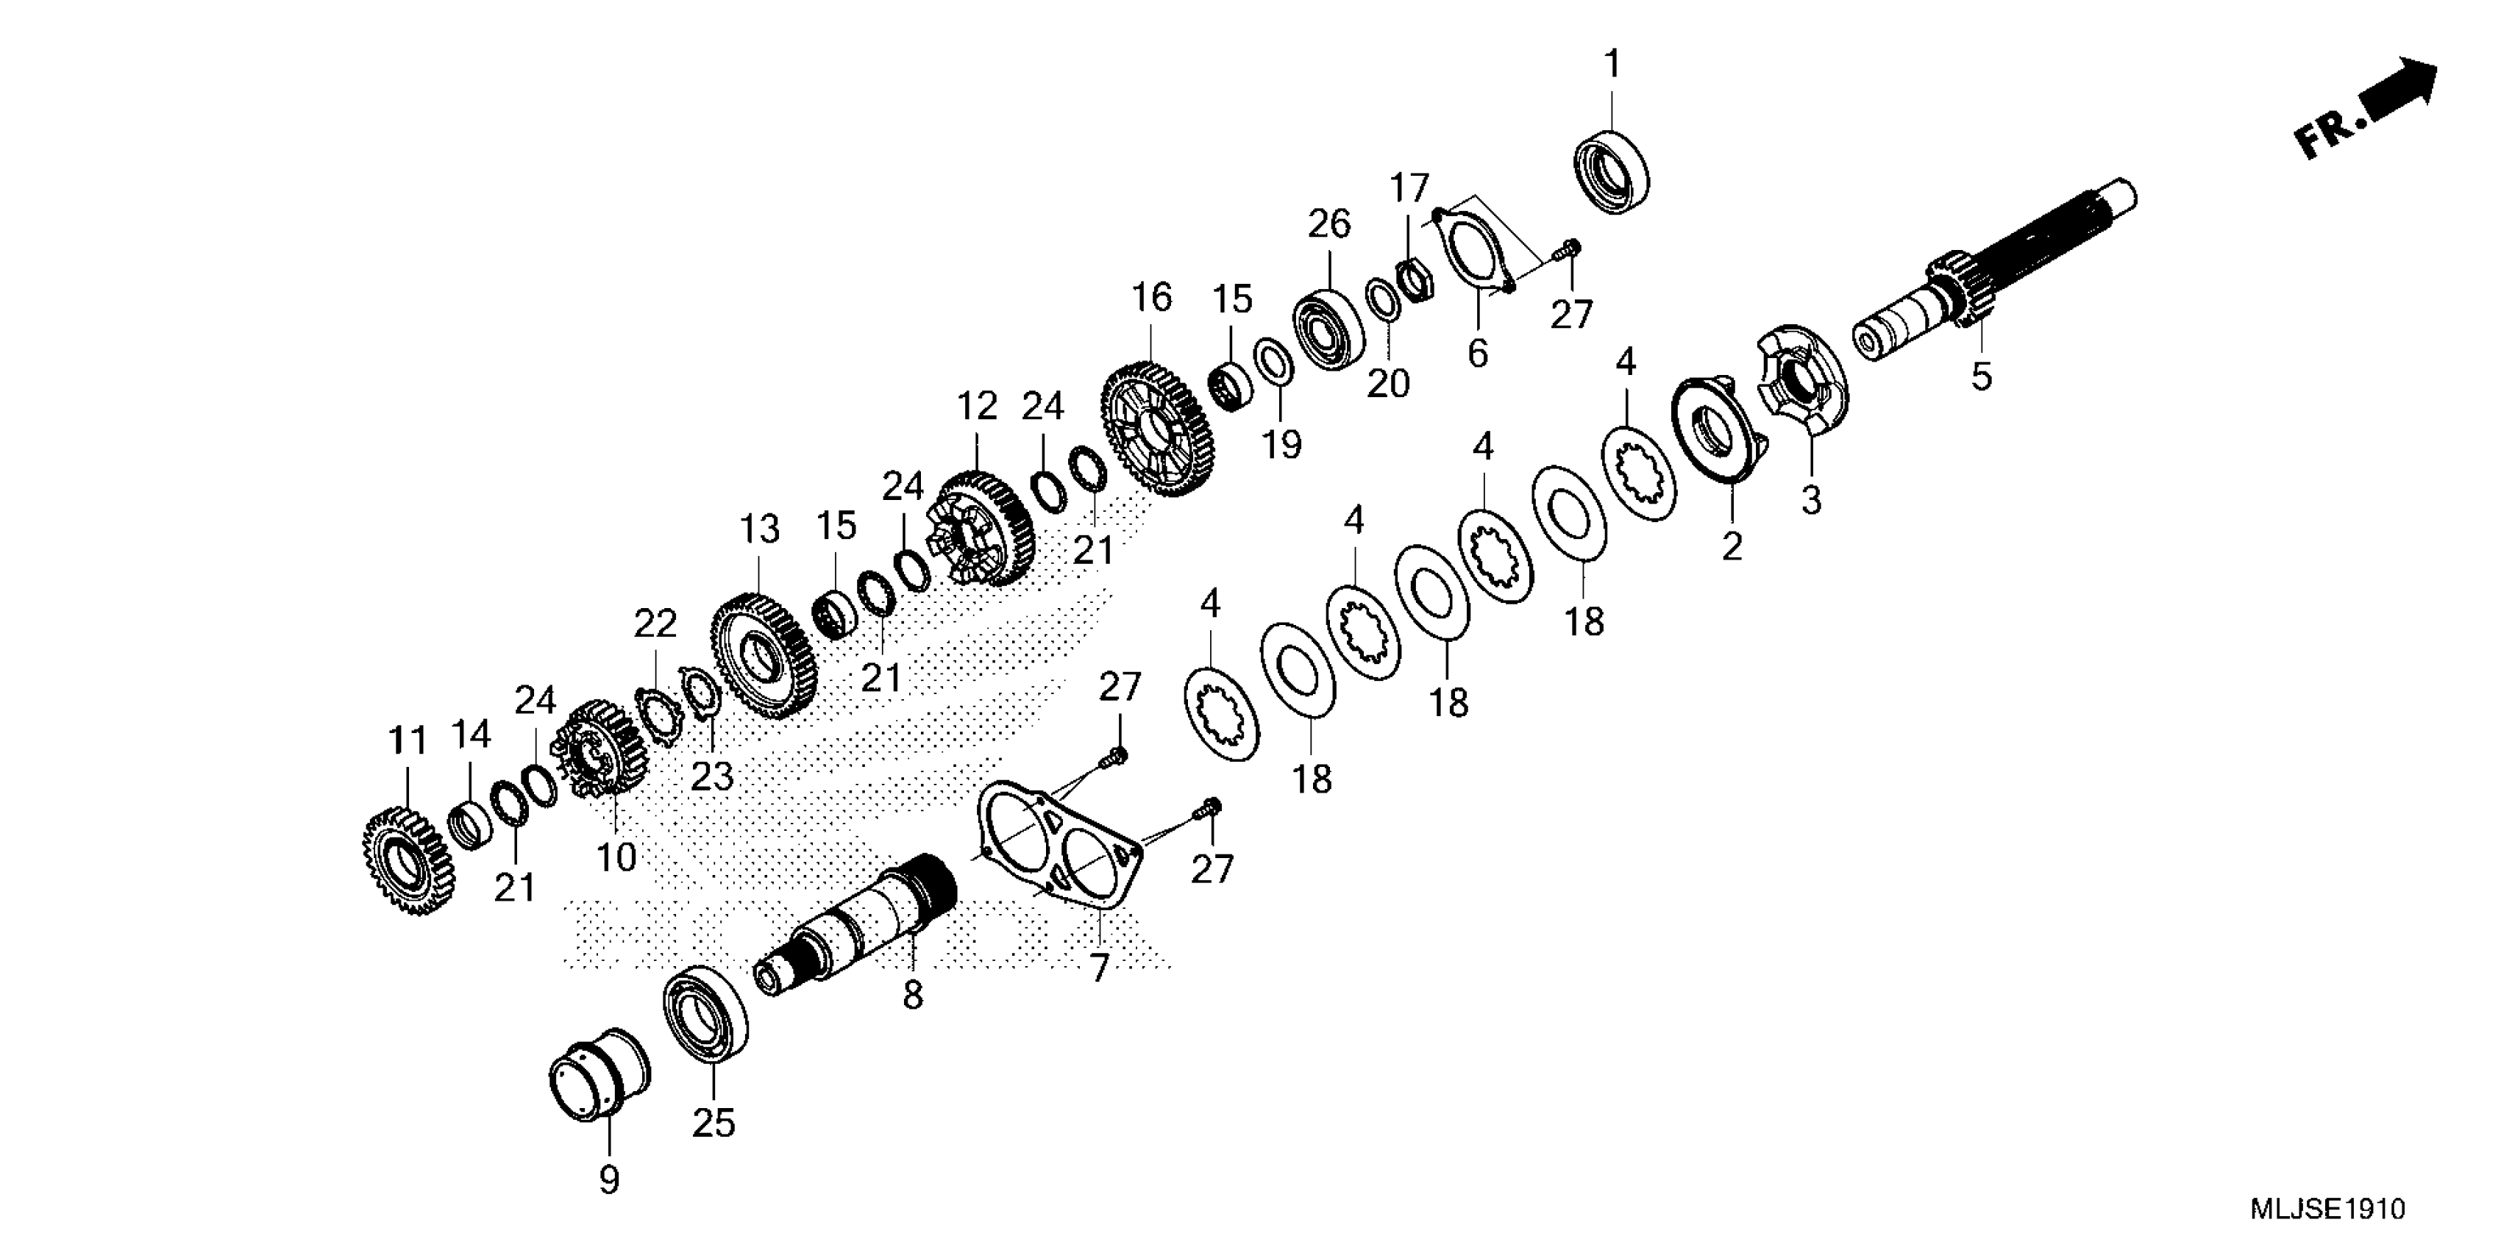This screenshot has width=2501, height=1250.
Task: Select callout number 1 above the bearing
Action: point(1612,65)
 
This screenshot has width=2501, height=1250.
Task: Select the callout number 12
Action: point(977,407)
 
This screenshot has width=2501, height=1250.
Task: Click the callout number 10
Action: point(616,856)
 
